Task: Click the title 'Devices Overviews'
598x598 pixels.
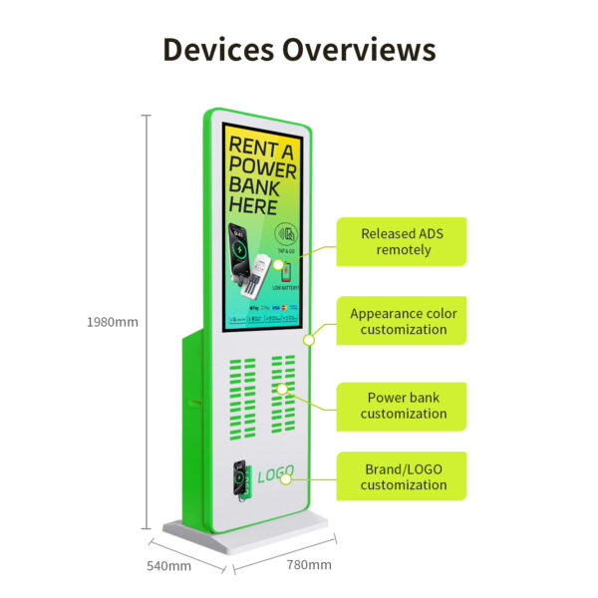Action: [299, 49]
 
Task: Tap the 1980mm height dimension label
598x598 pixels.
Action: [113, 322]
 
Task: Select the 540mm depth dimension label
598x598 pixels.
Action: [169, 566]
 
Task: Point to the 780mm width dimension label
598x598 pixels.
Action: [308, 565]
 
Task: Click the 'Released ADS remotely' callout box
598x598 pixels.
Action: [402, 241]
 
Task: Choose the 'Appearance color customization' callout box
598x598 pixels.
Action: [402, 321]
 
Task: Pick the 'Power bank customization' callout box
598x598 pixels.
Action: [402, 406]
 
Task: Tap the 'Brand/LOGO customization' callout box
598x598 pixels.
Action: [402, 476]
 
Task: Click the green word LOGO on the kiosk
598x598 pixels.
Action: [275, 477]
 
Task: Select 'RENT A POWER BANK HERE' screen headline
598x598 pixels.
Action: [262, 175]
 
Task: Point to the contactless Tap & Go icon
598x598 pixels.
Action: [287, 237]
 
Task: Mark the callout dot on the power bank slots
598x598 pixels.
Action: [283, 389]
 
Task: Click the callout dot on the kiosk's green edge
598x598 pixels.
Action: [309, 340]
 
